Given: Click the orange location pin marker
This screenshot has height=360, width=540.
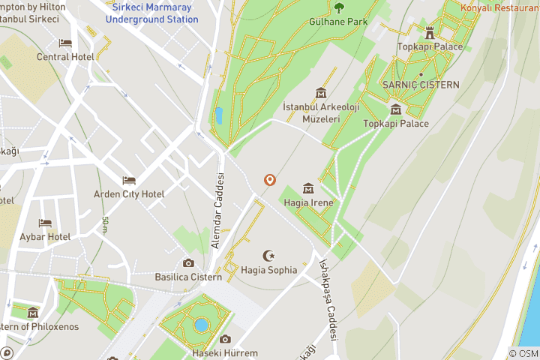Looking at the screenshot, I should pyautogui.click(x=269, y=180).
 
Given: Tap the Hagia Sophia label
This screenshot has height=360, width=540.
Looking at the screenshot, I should pyautogui.click(x=269, y=270).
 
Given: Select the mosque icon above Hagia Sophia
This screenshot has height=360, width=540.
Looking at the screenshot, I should pyautogui.click(x=269, y=256).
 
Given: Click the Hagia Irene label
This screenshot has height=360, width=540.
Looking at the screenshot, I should pyautogui.click(x=307, y=202).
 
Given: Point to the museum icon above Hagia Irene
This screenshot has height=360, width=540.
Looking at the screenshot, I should pyautogui.click(x=307, y=188).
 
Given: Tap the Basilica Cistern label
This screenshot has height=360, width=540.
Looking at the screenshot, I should pyautogui.click(x=188, y=277).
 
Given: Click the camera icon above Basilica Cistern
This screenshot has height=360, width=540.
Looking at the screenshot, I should pyautogui.click(x=188, y=263).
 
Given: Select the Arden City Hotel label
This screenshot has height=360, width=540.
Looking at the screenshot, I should pyautogui.click(x=129, y=194).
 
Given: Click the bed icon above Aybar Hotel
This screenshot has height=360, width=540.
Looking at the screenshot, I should pyautogui.click(x=45, y=223).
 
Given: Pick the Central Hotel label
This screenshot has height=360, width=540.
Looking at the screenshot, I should pyautogui.click(x=64, y=56).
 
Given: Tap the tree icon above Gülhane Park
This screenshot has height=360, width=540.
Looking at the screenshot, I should pyautogui.click(x=339, y=8).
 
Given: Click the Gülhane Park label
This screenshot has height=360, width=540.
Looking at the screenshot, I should pyautogui.click(x=339, y=22).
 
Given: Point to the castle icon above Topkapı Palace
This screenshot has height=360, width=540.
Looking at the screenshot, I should pyautogui.click(x=430, y=33).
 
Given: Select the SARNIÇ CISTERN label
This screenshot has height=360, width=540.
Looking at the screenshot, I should pyautogui.click(x=421, y=85).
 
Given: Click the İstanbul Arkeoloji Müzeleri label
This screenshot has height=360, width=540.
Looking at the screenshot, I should pyautogui.click(x=312, y=113).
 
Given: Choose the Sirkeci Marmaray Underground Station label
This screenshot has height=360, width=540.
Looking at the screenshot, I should pyautogui.click(x=152, y=13).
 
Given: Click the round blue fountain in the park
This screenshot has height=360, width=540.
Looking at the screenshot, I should pyautogui.click(x=200, y=325).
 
